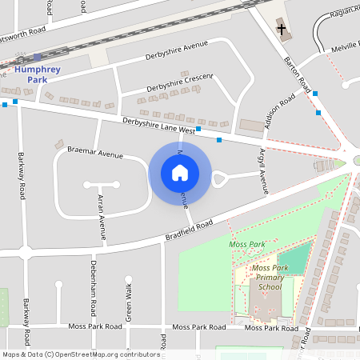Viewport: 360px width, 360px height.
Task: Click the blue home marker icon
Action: pyautogui.click(x=180, y=172)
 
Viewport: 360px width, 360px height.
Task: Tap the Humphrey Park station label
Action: pyautogui.click(x=36, y=74)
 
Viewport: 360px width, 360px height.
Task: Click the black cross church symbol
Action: pyautogui.click(x=281, y=30)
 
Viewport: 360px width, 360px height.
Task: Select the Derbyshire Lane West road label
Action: pyautogui.click(x=158, y=125)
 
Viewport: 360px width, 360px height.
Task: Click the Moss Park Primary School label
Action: pyautogui.click(x=266, y=277)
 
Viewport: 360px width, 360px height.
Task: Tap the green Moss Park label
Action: pyautogui.click(x=246, y=244)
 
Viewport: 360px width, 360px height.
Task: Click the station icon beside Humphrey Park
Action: pyautogui.click(x=38, y=57)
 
